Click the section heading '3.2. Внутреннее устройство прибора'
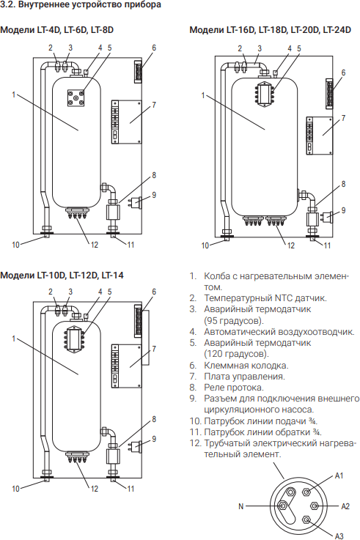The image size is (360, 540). pos(81,5)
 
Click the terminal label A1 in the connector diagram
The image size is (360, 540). pos(339,476)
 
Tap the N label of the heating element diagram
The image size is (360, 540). pos(240,506)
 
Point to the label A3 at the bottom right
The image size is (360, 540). pos(339,536)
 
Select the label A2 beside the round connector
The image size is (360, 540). pos(345,506)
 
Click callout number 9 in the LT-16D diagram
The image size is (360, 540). pos(343,210)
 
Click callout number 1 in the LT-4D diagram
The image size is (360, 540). pos(14,94)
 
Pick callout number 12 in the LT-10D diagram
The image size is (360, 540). pos(95,488)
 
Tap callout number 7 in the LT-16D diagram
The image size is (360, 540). pos(343,118)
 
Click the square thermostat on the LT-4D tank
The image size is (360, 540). pos(76,97)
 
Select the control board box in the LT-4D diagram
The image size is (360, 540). pos(126,122)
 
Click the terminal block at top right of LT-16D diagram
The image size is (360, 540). pos(330,93)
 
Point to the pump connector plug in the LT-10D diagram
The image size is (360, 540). pos(136,447)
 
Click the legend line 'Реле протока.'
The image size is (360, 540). pos(234,388)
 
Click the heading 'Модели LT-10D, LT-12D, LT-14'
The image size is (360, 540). pos(62,275)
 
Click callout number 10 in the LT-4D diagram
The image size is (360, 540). pos(15,245)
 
